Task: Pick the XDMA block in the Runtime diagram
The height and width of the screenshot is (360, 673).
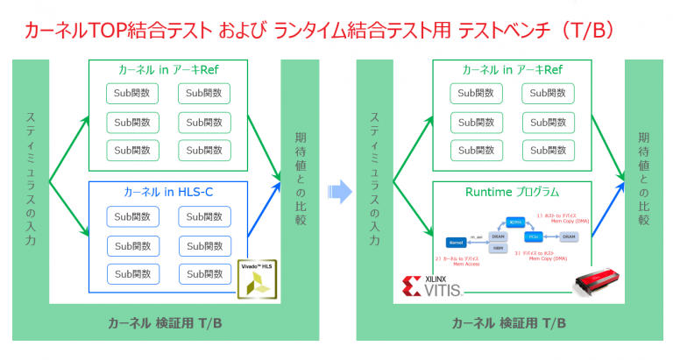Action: (516, 222)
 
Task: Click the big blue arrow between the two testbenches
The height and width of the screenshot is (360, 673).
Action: (336, 190)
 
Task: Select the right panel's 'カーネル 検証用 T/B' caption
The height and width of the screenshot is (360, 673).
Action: (508, 323)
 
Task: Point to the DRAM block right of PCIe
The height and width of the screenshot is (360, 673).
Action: (568, 237)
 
